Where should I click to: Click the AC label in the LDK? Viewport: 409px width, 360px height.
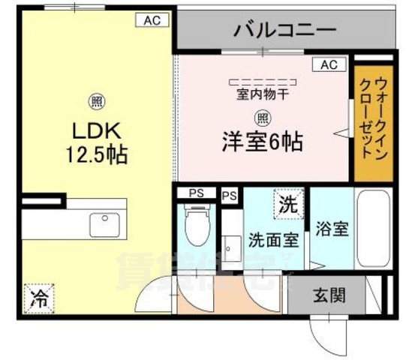(x=153, y=21)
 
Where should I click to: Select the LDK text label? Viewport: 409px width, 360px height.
(x=95, y=131)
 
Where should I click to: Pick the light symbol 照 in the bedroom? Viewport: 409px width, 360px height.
(x=262, y=117)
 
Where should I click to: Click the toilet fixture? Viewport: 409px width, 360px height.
(x=197, y=225)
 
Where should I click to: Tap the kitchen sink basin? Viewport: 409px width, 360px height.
(x=103, y=223)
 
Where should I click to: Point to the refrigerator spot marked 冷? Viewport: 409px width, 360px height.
(x=37, y=299)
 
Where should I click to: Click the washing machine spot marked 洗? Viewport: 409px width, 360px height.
(x=288, y=202)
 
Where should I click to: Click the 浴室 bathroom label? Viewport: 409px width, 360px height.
(x=331, y=229)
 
